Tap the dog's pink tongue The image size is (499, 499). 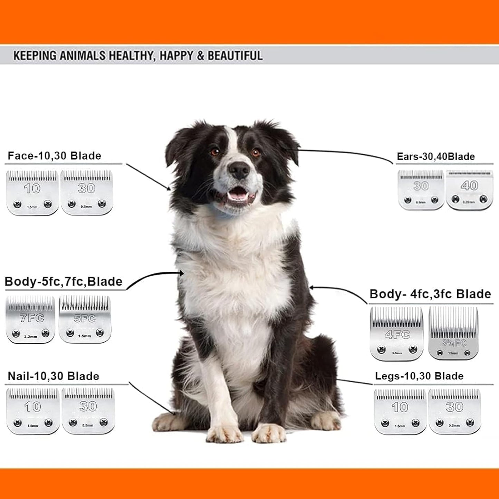237,195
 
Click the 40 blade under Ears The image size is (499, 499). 469,190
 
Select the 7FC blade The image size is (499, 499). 31,319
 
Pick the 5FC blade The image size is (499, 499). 85,319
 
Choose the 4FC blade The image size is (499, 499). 397,334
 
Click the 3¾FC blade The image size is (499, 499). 453,333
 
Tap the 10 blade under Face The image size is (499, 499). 32,192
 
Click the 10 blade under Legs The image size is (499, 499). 400,411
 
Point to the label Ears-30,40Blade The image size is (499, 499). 435,156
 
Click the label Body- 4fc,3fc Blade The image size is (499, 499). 430,294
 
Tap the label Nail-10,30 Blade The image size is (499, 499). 54,376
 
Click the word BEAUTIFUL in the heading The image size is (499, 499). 235,56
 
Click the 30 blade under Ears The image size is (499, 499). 421,190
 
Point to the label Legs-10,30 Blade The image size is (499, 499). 419,376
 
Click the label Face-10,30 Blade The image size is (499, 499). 54,156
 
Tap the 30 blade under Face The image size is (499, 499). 87,192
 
